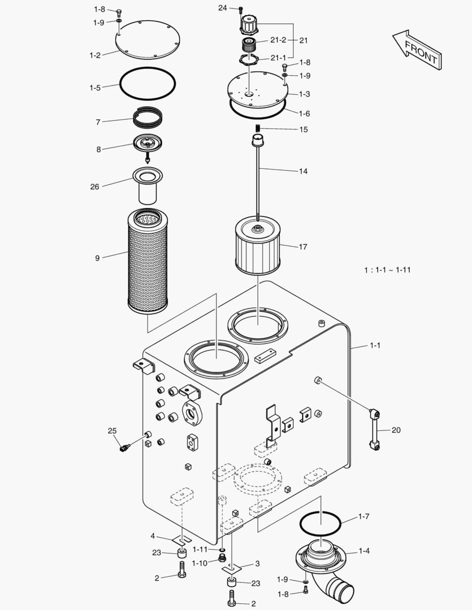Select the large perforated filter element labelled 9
[x=147, y=261]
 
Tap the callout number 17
[x=303, y=246]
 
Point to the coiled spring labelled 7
[x=148, y=119]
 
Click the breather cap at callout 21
[x=249, y=25]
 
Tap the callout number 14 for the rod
[x=303, y=171]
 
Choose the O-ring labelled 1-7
[x=320, y=524]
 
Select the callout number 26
[x=94, y=186]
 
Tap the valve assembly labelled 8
[x=148, y=144]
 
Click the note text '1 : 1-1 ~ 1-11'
[x=387, y=270]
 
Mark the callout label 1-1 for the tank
[x=375, y=345]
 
